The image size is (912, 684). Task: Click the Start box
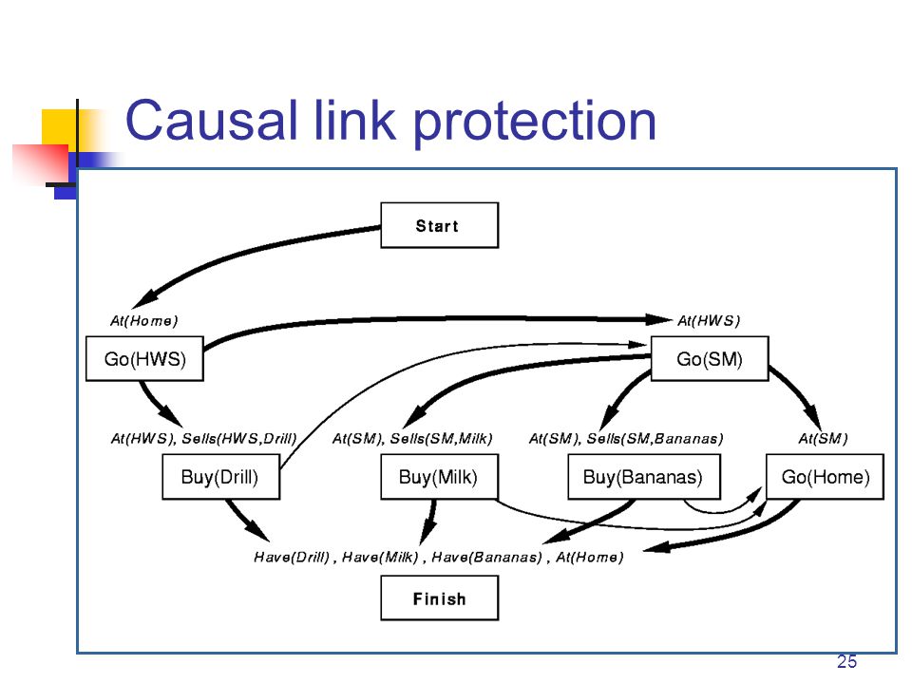pos(439,225)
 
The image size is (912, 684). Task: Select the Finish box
pos(439,598)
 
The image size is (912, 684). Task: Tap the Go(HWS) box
pos(144,359)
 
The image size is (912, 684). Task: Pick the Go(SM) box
pos(710,359)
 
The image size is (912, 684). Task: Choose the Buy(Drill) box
pos(220,477)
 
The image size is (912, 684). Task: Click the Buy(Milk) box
pos(439,477)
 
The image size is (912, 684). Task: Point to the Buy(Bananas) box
pos(644,477)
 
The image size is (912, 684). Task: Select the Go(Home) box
pos(825,477)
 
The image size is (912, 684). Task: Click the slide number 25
pos(846,662)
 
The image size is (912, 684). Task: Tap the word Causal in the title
pos(212,121)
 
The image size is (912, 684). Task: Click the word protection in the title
pos(535,123)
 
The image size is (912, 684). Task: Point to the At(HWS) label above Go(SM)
pos(709,321)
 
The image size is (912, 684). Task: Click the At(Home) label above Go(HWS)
pos(143,321)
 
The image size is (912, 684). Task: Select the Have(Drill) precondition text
pos(292,558)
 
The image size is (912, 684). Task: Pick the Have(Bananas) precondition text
pos(486,558)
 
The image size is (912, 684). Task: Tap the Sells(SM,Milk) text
pos(441,439)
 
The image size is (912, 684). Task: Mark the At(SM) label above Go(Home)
pos(823,439)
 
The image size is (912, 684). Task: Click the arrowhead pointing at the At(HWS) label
pos(658,319)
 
